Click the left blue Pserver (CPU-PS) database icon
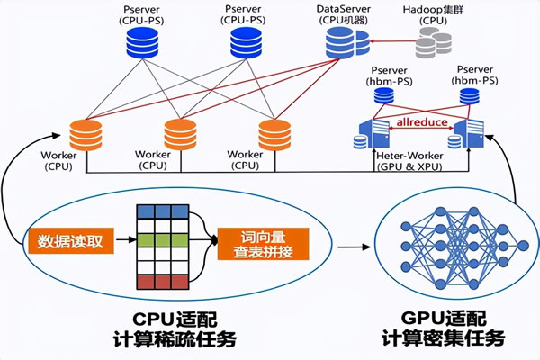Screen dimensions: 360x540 (141, 41)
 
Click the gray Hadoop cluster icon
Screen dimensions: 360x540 (434, 40)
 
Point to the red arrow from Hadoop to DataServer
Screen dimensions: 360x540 (394, 40)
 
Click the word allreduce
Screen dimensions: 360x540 (421, 121)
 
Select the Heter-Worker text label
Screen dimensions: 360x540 (414, 156)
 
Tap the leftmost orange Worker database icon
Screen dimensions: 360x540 (87, 135)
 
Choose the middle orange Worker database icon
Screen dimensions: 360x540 (180, 135)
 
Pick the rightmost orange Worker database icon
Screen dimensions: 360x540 (274, 135)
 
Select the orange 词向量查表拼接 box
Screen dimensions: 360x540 (263, 241)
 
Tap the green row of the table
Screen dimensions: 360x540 (166, 240)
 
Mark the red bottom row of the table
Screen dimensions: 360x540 (166, 281)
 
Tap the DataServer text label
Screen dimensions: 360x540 (344, 8)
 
